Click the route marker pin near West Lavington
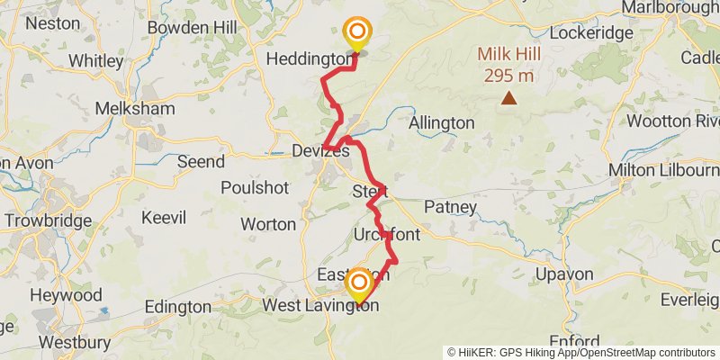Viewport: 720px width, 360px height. coord(359,285)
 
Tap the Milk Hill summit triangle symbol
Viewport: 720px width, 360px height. coord(509,97)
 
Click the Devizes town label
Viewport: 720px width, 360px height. coord(320,151)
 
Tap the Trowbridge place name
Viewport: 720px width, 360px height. coord(48,220)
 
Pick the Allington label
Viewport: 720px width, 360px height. coord(441,122)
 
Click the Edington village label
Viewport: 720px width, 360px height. coord(179,307)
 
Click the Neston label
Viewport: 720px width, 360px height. coord(53,23)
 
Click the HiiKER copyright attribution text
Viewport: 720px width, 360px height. coord(581,353)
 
